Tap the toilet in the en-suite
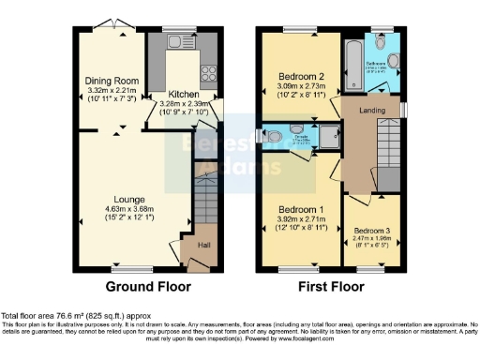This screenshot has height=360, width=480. [272, 137]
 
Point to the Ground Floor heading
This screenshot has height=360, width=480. [148, 286]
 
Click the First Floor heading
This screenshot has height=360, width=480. [333, 286]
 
